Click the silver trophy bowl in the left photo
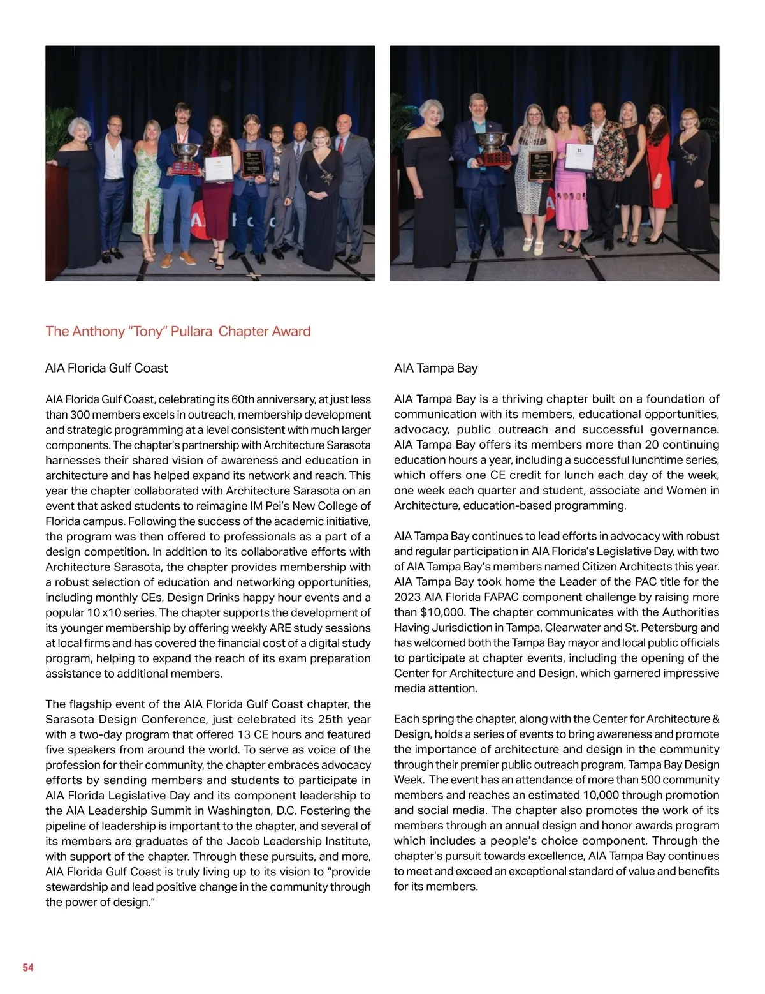coord(184,152)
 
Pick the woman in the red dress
coord(658,172)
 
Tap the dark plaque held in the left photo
coord(252,164)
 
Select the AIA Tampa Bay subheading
coord(435,368)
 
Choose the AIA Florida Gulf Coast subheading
coord(106,368)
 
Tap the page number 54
coord(28,967)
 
